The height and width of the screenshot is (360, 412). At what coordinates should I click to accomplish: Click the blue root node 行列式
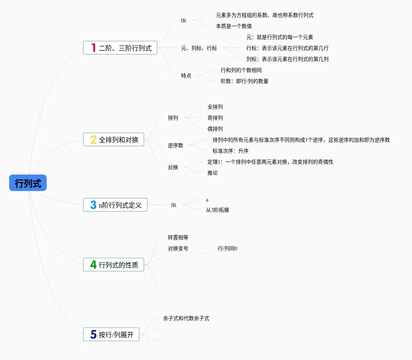click(x=28, y=183)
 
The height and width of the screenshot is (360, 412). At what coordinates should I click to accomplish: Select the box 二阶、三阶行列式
click(x=120, y=48)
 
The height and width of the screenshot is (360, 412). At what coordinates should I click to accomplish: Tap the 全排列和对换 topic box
click(x=113, y=139)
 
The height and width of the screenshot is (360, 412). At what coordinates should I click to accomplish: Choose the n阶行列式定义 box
click(x=115, y=205)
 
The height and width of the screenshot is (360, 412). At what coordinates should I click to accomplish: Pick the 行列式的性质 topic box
click(x=113, y=265)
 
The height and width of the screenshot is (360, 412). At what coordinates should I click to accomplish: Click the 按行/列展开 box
click(x=111, y=334)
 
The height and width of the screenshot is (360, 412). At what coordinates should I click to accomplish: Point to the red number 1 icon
click(x=93, y=48)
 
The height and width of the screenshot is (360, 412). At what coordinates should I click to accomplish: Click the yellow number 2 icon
click(x=93, y=139)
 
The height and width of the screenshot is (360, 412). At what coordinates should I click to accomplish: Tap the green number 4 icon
click(x=93, y=265)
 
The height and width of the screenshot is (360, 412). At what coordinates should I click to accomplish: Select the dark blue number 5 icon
click(x=93, y=334)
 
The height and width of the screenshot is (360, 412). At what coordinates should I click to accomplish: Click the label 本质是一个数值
click(x=234, y=26)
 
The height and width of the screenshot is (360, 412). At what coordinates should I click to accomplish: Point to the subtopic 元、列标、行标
click(x=199, y=48)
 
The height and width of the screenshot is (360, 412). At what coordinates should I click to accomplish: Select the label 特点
click(x=186, y=76)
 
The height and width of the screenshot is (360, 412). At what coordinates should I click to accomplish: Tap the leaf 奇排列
click(x=215, y=118)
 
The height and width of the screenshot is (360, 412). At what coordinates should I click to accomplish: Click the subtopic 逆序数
click(x=176, y=145)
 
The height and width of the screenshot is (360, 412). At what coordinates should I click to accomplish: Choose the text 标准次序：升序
click(x=231, y=151)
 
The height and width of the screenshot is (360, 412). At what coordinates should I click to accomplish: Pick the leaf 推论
click(x=213, y=173)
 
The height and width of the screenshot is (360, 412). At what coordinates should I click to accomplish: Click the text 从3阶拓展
click(x=218, y=210)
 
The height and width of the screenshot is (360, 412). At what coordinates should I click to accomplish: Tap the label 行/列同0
click(x=228, y=248)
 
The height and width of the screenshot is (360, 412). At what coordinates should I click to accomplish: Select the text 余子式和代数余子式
click(x=186, y=319)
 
